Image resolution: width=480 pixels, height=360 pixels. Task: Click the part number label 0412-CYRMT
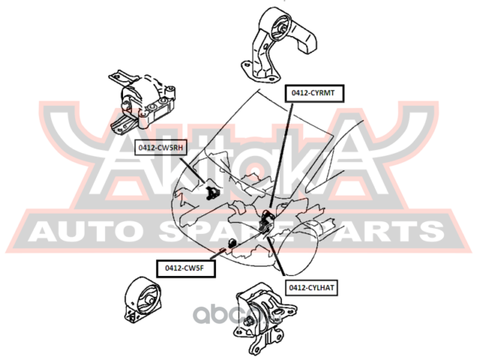pos(313,94)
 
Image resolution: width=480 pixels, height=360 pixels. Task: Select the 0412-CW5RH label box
pos(160,148)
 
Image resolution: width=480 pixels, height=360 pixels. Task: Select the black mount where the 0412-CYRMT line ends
pos(265,223)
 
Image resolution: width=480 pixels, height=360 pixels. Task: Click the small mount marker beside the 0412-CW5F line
pos(232,243)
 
